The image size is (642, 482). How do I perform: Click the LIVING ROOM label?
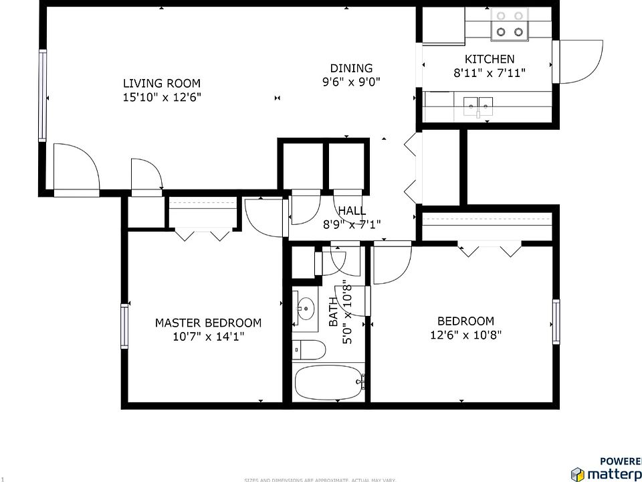point(161,84)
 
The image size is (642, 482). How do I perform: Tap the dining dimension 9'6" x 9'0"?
point(351,83)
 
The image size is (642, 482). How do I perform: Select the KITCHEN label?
point(490,60)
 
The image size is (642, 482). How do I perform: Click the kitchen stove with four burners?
point(509,24)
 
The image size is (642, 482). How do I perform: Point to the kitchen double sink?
point(477,104)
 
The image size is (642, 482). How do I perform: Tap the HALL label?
point(352,211)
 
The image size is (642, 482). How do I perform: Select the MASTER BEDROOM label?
point(208,323)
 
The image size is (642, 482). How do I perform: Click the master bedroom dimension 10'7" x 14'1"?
point(208,337)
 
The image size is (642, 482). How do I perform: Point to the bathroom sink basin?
point(306,309)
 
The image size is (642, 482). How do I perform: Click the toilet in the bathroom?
point(308,349)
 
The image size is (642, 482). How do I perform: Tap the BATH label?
point(334,312)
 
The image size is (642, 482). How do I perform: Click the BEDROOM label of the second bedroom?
point(465,321)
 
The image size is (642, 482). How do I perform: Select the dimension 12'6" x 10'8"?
point(465,335)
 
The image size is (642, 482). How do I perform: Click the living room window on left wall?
point(43,95)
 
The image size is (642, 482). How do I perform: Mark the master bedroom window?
point(124,326)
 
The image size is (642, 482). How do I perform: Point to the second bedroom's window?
point(556,321)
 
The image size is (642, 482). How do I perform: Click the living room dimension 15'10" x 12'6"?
point(161,97)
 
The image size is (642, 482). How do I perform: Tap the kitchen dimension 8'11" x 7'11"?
point(490,73)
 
